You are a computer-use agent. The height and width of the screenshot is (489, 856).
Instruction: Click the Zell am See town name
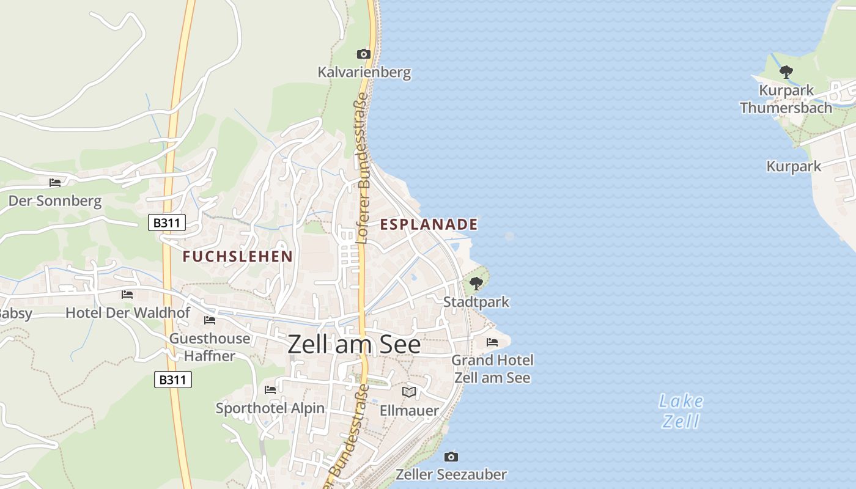point(354,345)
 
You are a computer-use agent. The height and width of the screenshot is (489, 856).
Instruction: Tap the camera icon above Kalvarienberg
point(364,54)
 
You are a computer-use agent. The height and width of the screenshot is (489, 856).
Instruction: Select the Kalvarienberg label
point(364,72)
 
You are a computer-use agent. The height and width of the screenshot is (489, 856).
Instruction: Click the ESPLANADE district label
point(429,224)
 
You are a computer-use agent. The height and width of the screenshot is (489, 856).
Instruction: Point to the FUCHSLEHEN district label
point(238,256)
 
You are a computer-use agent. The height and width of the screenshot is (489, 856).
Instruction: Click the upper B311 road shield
point(167,222)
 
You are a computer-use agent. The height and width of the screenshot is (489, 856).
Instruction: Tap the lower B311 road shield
point(173,380)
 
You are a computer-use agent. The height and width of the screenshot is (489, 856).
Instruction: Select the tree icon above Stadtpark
point(476,284)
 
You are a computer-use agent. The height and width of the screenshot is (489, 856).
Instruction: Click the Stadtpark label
point(476,302)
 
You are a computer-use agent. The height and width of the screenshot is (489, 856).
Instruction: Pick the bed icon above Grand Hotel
point(492,342)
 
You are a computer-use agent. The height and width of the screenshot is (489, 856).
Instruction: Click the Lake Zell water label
point(681,411)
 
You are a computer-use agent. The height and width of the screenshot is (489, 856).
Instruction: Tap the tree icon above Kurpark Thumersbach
point(786,72)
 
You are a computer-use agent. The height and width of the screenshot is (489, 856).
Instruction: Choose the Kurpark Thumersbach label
point(786,99)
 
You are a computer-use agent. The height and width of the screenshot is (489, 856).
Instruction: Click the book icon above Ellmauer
point(409,392)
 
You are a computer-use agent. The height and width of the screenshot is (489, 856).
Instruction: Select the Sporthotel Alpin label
point(270,408)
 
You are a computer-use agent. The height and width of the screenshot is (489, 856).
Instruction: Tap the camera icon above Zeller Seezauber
point(451,457)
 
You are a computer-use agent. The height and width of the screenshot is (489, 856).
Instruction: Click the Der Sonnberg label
point(55,200)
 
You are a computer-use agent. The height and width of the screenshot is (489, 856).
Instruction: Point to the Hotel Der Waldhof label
point(128,312)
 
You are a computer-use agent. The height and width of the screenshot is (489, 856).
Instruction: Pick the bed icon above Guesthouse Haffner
point(210,320)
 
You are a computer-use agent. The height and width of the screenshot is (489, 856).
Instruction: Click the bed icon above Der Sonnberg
point(55,182)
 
